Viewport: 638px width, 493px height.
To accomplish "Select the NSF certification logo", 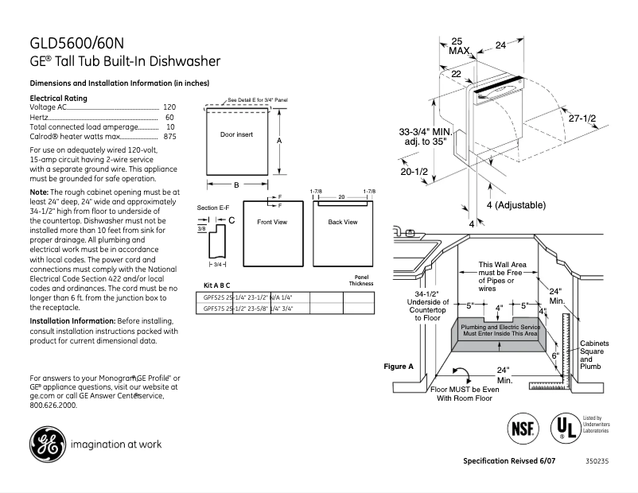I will [x=522, y=428].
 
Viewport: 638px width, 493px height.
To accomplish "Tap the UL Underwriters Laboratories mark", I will [x=566, y=428].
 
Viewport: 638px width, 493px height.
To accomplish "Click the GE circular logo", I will [x=47, y=444].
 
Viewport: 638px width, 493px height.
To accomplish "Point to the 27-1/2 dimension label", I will [x=583, y=118].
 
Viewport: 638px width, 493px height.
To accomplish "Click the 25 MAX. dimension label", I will [x=458, y=45].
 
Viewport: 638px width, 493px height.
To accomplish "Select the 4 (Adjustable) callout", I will [x=515, y=205].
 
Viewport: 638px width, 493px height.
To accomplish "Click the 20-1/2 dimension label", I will [x=414, y=172].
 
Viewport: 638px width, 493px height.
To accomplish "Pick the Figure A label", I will [x=399, y=367].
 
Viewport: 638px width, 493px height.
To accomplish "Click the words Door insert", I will [x=236, y=134].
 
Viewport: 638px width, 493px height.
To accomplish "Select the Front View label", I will [x=271, y=222].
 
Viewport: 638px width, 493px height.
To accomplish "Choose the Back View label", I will [x=342, y=222].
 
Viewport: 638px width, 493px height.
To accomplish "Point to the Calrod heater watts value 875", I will [x=169, y=137].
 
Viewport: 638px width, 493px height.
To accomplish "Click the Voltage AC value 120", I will [x=169, y=107].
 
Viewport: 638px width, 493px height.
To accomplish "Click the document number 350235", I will [x=597, y=461].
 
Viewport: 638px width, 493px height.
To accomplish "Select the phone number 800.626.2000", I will [x=53, y=405].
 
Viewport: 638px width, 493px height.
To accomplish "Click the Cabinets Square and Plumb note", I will [x=593, y=355].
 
